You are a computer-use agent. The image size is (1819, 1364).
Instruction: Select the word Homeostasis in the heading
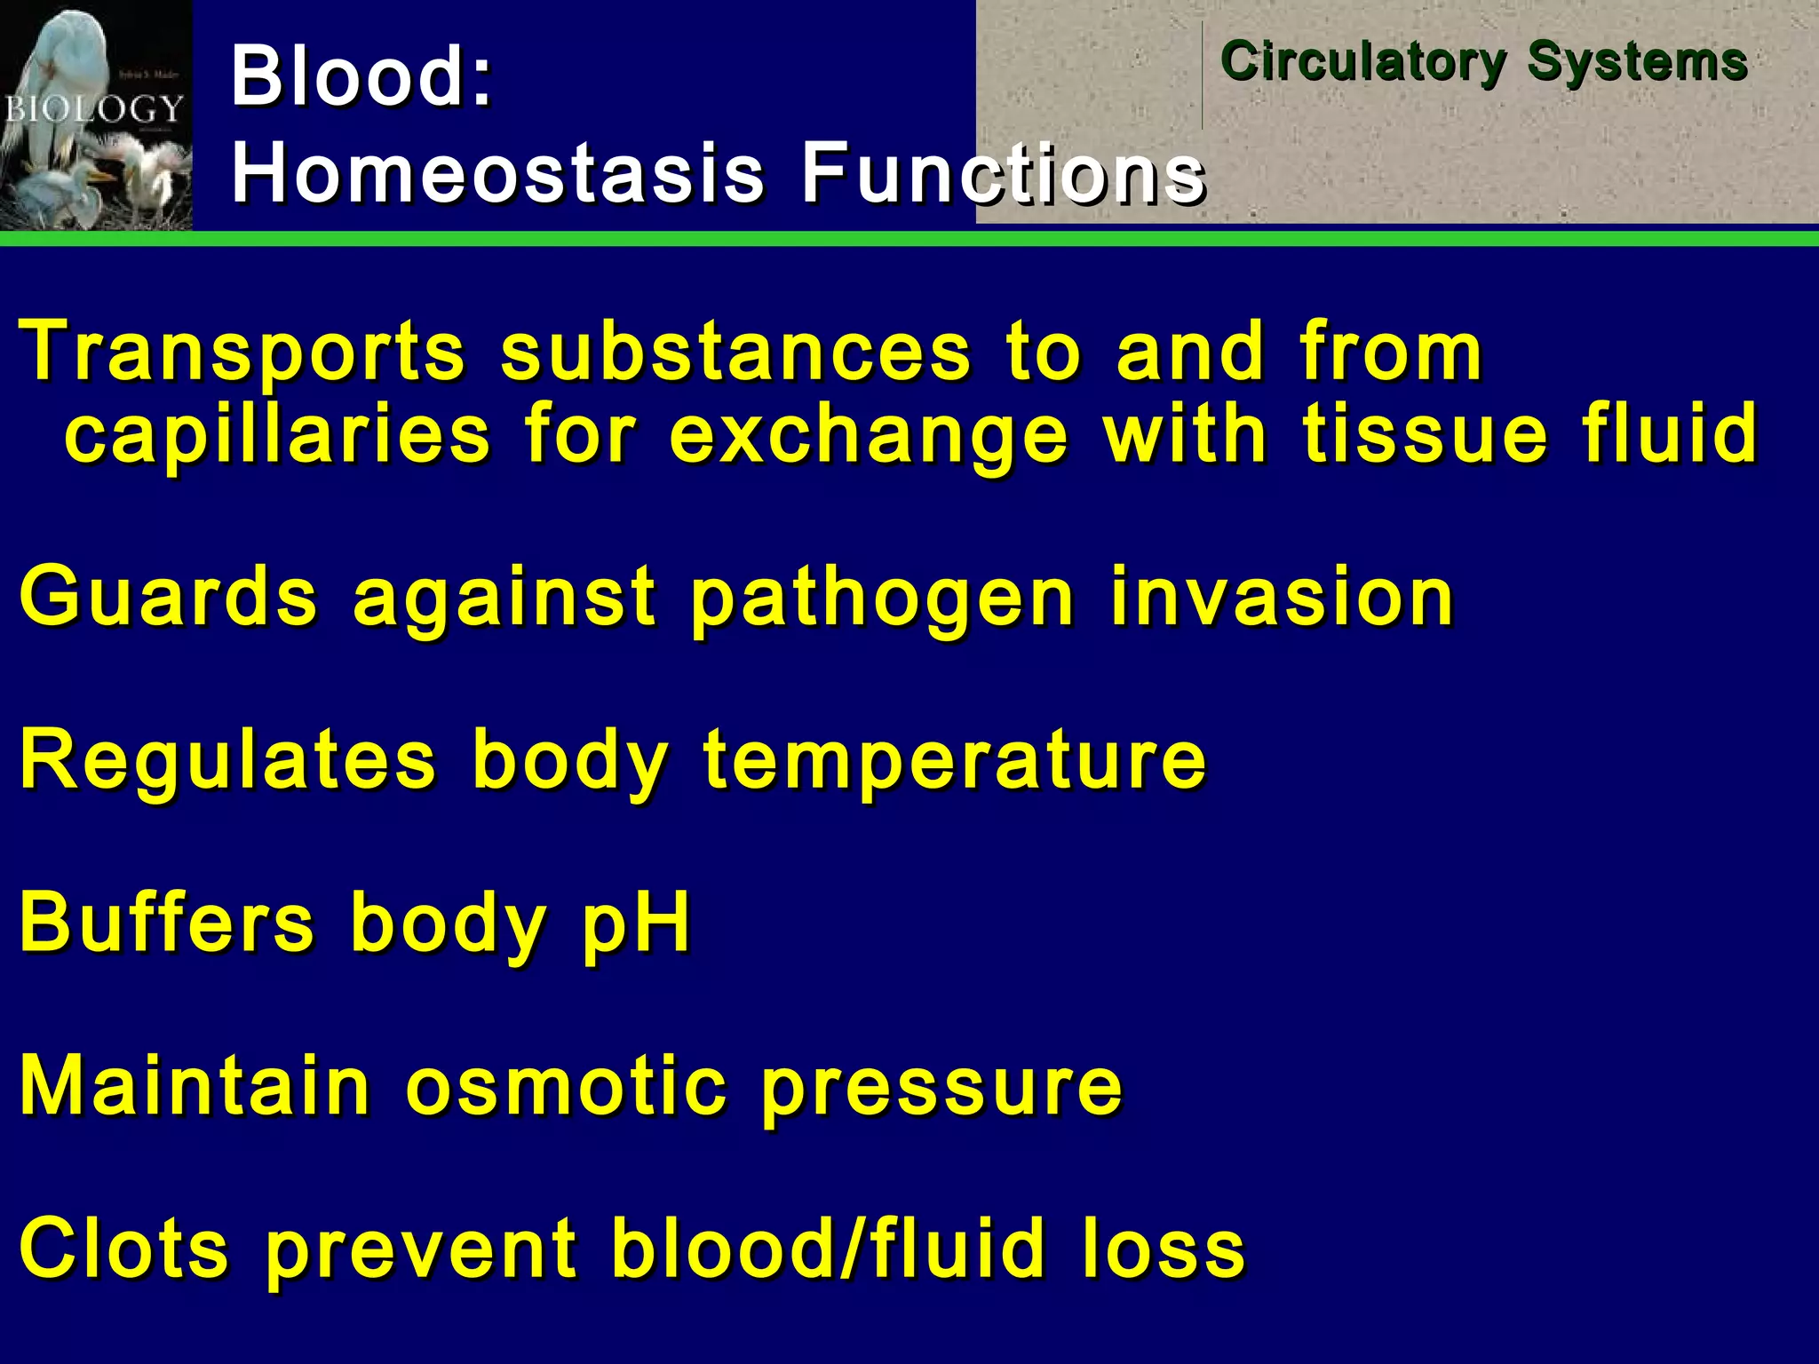(497, 172)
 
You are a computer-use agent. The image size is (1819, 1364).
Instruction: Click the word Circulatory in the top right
(1363, 62)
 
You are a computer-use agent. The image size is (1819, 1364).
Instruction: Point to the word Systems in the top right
(1637, 62)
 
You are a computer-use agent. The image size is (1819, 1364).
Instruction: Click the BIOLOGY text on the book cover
(94, 109)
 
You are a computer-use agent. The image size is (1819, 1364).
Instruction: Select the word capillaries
(277, 435)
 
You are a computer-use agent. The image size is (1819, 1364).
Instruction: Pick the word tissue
(1425, 435)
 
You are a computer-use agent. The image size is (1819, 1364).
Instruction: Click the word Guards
(169, 597)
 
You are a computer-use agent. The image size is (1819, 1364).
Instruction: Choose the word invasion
(1282, 597)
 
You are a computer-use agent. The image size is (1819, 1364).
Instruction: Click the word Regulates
(228, 762)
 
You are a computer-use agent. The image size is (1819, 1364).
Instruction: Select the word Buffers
(167, 924)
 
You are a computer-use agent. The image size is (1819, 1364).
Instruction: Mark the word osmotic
(566, 1087)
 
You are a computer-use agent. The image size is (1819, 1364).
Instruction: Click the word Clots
(124, 1249)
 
